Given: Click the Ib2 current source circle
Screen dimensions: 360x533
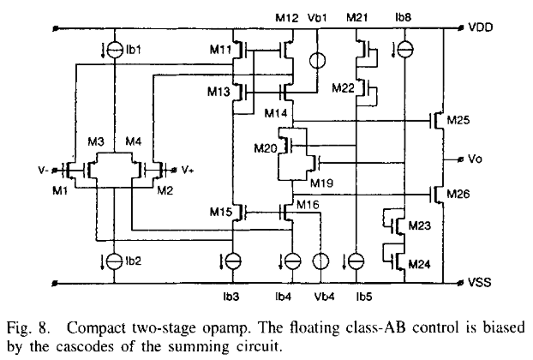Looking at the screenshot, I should [x=111, y=258].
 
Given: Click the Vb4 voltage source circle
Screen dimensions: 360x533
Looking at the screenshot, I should [x=321, y=261].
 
